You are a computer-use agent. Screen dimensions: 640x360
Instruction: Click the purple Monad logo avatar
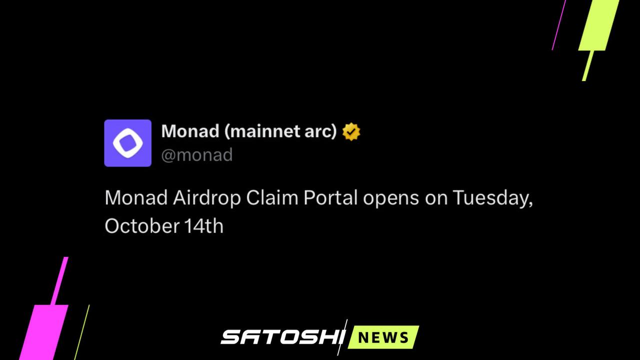tap(127, 143)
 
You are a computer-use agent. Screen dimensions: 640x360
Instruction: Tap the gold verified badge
tap(351, 131)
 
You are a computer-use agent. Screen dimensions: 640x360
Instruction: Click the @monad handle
tap(197, 155)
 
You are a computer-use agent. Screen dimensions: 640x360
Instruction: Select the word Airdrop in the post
tap(207, 198)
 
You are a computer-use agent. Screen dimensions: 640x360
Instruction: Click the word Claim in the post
tap(272, 197)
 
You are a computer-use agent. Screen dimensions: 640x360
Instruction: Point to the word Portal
tap(330, 197)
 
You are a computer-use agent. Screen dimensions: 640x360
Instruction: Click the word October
tap(142, 225)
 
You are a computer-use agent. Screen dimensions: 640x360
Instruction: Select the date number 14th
tap(203, 225)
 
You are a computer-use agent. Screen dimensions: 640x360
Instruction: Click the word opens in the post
tap(391, 199)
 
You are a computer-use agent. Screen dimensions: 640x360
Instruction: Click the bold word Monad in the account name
tap(190, 131)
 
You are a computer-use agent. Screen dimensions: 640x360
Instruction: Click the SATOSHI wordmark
tap(282, 337)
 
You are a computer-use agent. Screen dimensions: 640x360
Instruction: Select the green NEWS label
tap(383, 337)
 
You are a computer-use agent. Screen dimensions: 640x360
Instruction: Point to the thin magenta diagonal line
tap(559, 25)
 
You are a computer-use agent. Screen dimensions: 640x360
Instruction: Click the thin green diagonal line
tap(82, 332)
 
